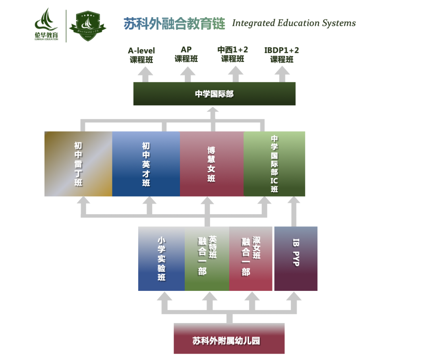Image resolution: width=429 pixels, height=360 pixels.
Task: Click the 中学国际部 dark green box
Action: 214,94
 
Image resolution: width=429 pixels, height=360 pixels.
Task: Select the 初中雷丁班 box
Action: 78,164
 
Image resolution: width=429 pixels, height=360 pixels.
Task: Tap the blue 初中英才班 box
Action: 146,164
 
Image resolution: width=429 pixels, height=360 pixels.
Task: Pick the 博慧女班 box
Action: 212,164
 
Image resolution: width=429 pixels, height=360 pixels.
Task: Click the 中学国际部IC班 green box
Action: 274,164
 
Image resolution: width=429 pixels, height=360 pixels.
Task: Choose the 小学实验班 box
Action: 161,259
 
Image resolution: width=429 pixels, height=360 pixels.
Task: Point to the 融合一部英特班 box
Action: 207,259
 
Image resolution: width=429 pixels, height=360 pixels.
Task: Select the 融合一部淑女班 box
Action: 251,259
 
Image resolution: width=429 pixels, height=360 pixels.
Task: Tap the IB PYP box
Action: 296,259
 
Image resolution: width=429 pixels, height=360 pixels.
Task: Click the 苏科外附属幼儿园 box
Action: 229,339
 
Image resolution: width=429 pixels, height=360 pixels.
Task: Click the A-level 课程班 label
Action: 141,55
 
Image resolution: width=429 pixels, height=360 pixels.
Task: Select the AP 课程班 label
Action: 186,54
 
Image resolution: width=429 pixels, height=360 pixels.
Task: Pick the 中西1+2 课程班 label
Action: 233,54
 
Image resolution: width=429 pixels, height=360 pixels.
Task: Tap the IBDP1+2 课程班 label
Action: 282,55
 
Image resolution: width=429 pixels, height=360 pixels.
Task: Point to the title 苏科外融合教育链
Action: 174,23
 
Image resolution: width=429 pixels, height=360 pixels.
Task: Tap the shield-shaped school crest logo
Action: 87,26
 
